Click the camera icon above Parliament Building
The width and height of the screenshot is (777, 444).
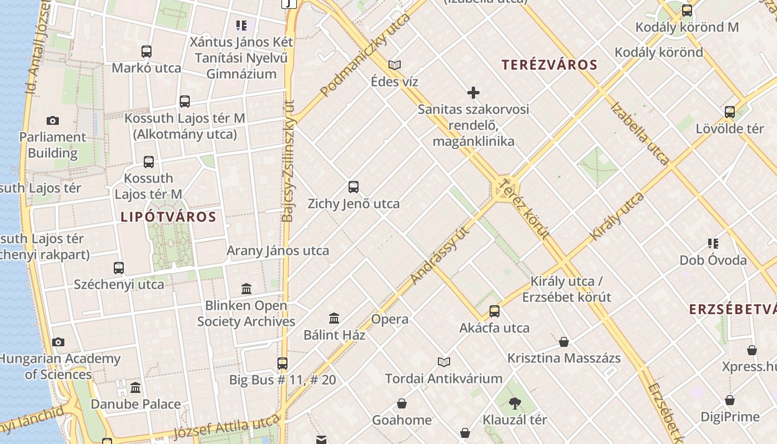click(53, 120)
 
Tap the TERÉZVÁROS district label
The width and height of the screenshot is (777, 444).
click(549, 65)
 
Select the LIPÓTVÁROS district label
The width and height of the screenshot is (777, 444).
click(168, 217)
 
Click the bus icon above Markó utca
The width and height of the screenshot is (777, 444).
click(147, 52)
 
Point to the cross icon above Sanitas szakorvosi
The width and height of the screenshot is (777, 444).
click(473, 93)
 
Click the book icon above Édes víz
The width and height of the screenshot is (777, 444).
click(395, 65)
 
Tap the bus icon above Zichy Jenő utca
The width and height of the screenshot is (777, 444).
click(354, 187)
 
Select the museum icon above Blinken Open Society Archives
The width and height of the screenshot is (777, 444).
click(246, 289)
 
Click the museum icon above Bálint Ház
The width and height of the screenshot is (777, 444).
click(334, 319)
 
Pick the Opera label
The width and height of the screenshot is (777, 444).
click(390, 319)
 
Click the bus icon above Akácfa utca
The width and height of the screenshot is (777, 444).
click(495, 311)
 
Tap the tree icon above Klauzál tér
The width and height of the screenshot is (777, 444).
click(514, 403)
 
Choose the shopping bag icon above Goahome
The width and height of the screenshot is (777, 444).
click(402, 403)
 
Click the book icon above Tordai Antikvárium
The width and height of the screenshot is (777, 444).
click(443, 362)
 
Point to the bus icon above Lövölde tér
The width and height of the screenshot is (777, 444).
click(730, 112)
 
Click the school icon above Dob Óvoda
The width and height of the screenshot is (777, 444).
click(713, 243)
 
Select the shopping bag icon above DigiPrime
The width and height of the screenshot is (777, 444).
click(730, 400)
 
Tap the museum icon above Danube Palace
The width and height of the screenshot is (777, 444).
click(135, 387)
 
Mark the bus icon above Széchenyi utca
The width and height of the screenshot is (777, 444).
click(119, 268)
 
